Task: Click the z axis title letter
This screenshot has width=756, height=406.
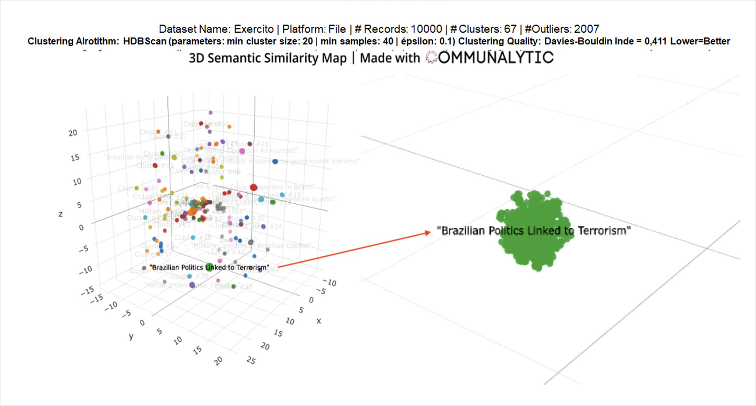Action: point(61,214)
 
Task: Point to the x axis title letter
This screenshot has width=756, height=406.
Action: point(319,321)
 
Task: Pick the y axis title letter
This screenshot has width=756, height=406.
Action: point(131,336)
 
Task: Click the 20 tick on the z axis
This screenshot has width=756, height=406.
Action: point(73,133)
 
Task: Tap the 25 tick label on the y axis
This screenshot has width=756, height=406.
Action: point(251,360)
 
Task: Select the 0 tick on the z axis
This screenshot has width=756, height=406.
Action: point(81,227)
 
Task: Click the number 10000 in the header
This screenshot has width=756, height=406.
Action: point(426,29)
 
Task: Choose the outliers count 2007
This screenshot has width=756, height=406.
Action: point(586,29)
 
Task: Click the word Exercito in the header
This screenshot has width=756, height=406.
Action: point(254,29)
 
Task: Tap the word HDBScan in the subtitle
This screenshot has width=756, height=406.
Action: point(144,41)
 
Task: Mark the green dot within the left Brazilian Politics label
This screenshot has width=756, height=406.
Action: point(209,267)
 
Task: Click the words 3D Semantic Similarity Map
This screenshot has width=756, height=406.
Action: point(267,58)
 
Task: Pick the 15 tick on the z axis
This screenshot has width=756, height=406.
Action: point(75,157)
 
